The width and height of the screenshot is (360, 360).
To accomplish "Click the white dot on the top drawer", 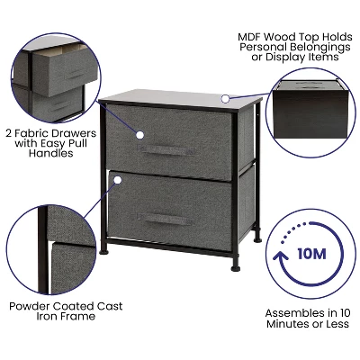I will (139, 134).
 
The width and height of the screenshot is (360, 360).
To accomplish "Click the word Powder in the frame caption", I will (31, 306).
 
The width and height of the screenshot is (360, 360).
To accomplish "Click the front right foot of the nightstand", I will (235, 266).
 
